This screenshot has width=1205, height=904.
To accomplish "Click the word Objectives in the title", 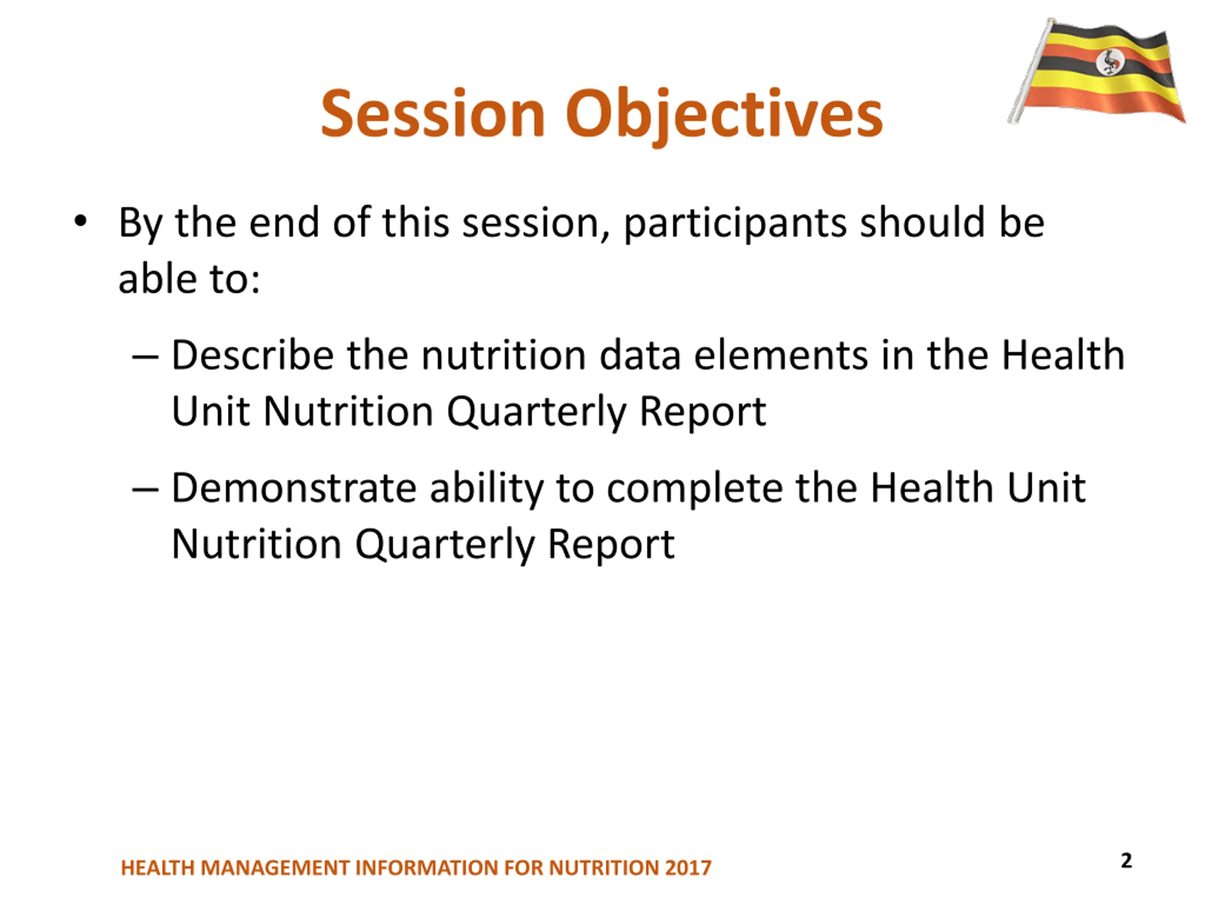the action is pos(724,117).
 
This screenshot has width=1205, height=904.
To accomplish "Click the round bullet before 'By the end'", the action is pos(80,221).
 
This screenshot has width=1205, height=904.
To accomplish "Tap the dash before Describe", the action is pos(145,357).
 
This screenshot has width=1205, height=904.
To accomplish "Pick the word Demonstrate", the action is pos(294,488).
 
